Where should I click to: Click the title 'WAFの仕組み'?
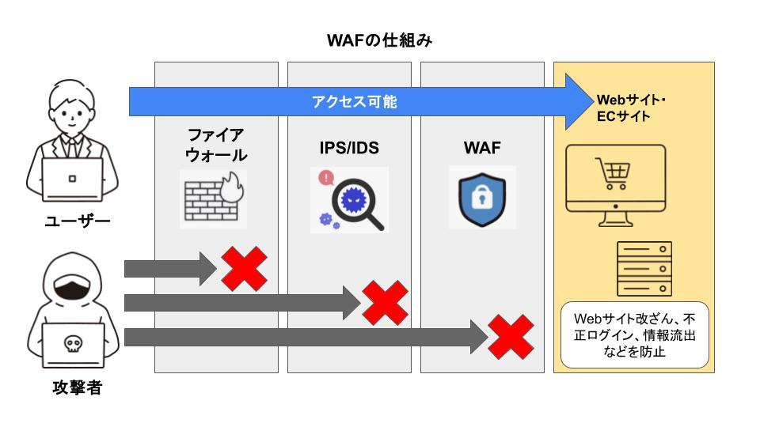pyautogui.click(x=379, y=40)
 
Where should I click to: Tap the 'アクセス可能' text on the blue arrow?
pyautogui.click(x=354, y=101)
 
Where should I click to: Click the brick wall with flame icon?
pyautogui.click(x=213, y=198)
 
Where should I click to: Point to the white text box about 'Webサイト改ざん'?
pyautogui.click(x=634, y=334)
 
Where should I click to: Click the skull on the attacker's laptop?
pyautogui.click(x=73, y=344)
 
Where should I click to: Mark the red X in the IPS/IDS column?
pyautogui.click(x=385, y=302)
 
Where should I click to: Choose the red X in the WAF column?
pyautogui.click(x=511, y=336)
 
